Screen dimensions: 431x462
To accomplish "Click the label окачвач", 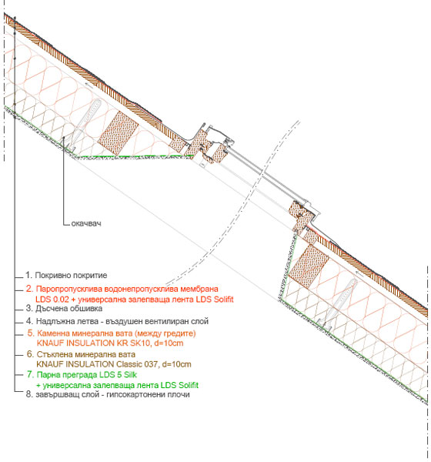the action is pyautogui.click(x=86, y=223).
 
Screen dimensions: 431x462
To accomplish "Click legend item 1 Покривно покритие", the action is pyautogui.click(x=66, y=275).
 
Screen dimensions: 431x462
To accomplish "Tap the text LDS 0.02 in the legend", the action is pyautogui.click(x=52, y=300).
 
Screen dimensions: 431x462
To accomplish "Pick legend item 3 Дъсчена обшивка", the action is pyautogui.click(x=64, y=309).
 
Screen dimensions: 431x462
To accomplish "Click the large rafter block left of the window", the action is pyautogui.click(x=118, y=133).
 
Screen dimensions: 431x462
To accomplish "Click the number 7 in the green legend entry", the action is pyautogui.click(x=30, y=374).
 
